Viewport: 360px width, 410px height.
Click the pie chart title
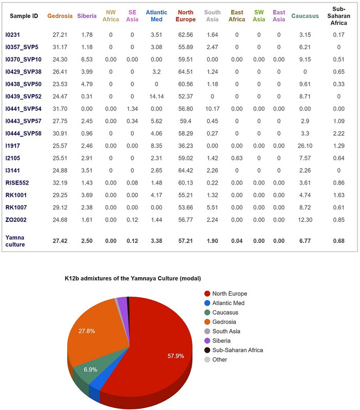130,278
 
